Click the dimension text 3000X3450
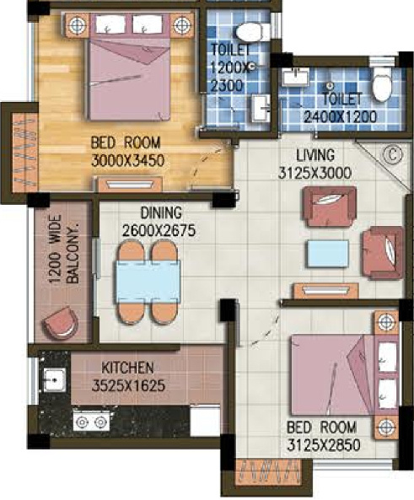coord(128,161)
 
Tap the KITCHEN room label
coord(127,368)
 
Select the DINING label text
coord(161,212)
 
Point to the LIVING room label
coord(315,155)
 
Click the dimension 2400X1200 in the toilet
coord(340,117)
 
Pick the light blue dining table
coord(148,282)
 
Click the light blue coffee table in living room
coord(327,254)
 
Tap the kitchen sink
coord(54,379)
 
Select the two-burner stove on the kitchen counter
coord(91,422)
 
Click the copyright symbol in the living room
coord(392,155)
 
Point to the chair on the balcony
coord(60,323)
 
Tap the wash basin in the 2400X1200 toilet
coord(295,78)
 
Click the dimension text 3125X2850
coord(324,445)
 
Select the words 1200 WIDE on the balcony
coord(56,249)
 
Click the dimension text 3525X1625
coord(128,386)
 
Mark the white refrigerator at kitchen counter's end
coord(205,421)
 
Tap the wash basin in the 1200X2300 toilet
coord(260,108)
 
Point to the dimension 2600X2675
coord(159,230)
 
